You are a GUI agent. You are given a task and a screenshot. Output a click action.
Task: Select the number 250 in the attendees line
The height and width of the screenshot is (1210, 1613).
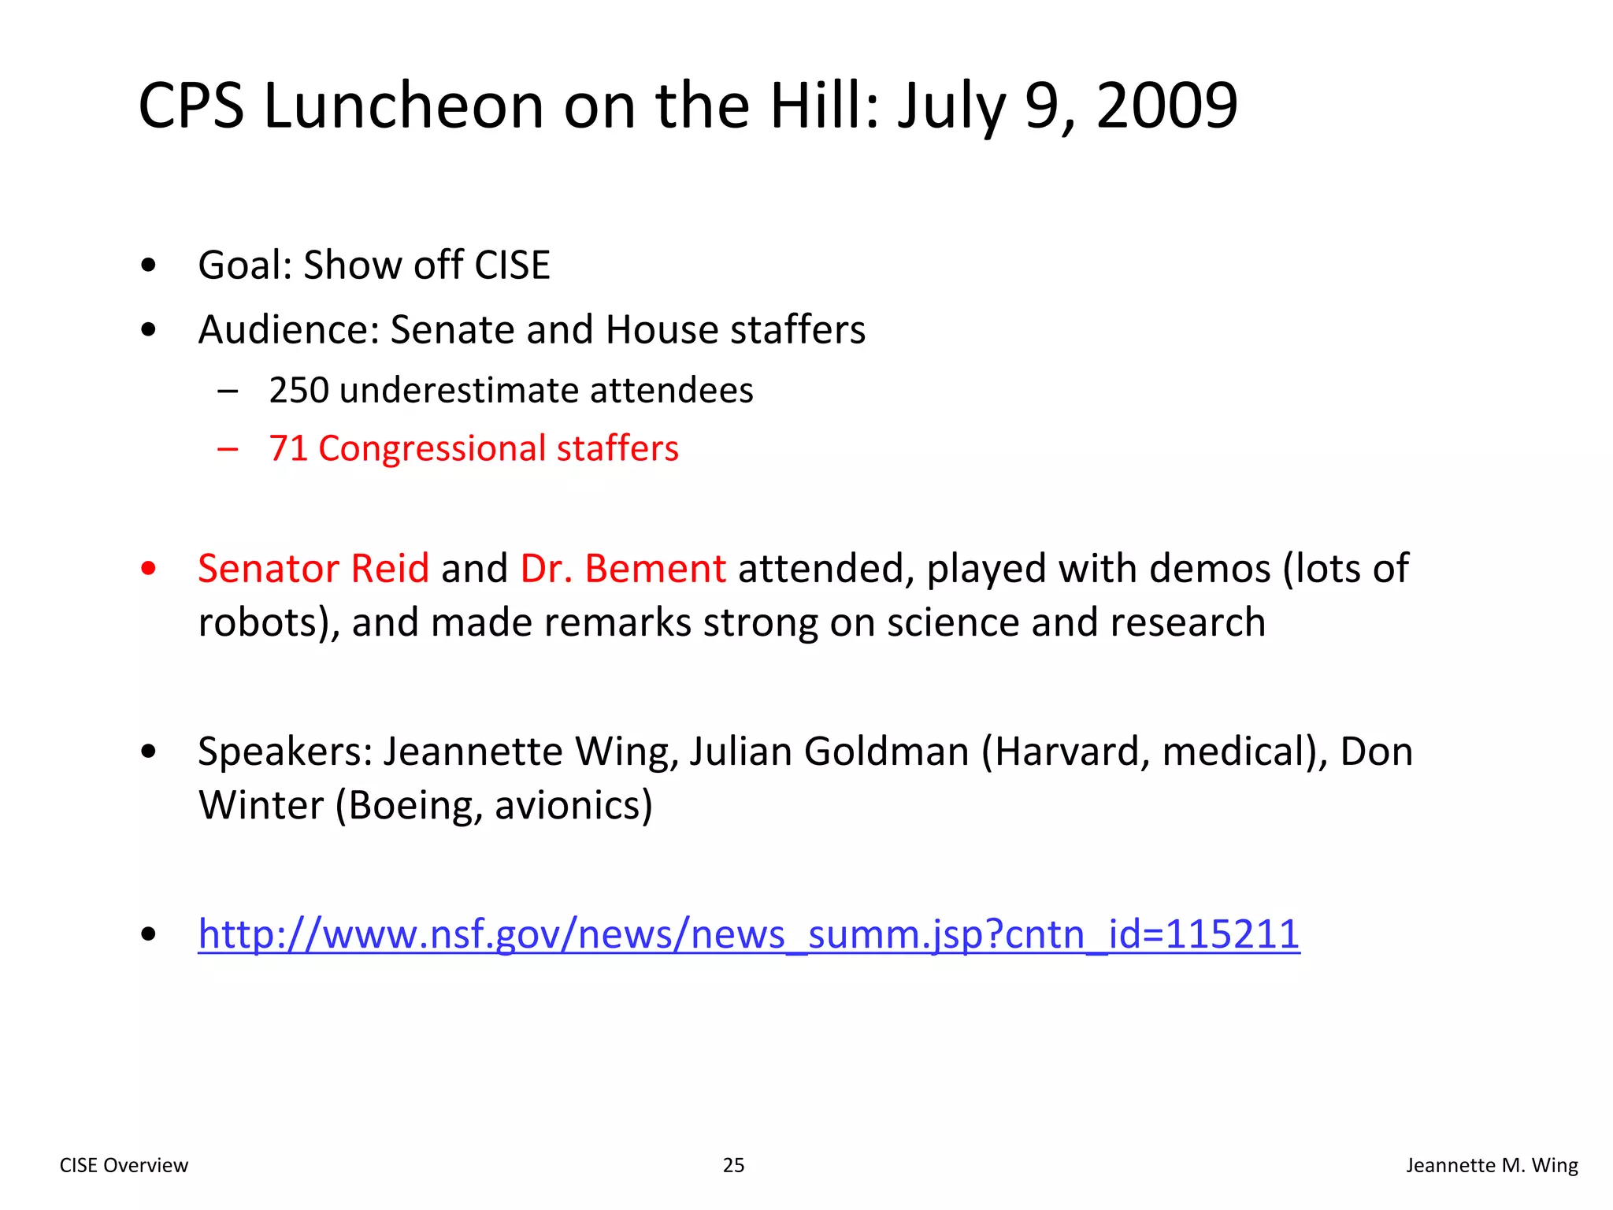coord(298,390)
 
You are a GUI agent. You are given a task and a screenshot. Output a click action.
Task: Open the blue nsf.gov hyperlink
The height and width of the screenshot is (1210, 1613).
coord(748,934)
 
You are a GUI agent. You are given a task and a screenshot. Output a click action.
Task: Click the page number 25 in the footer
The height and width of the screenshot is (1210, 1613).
coord(733,1165)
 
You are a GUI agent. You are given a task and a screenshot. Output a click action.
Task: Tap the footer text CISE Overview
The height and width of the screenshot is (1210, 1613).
coord(124,1165)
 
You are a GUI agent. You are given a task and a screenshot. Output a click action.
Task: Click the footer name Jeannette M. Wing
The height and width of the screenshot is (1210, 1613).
coord(1492,1165)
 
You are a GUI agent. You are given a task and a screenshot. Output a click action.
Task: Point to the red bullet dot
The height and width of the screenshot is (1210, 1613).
coord(148,568)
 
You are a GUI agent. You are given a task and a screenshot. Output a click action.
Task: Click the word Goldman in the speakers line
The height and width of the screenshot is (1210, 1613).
coord(886,751)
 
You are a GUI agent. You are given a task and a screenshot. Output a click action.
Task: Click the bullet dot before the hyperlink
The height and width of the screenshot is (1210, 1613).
coord(148,935)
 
